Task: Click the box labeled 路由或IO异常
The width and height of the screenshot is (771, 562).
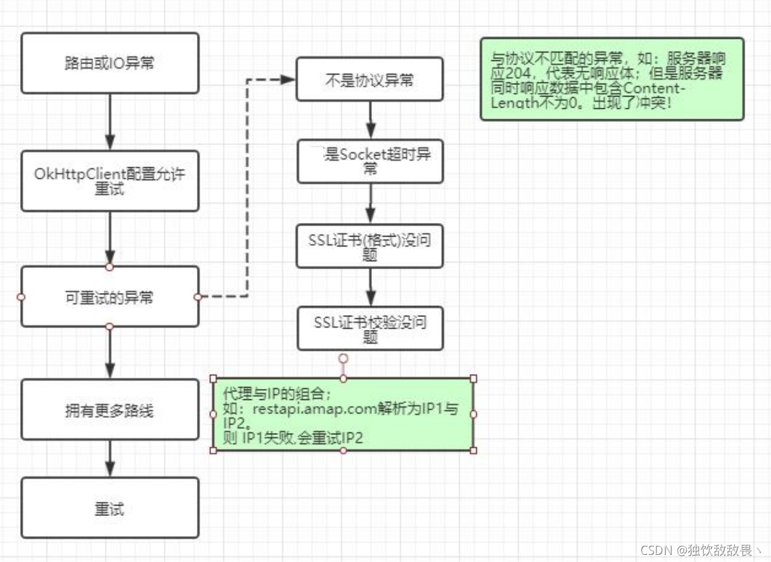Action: click(109, 63)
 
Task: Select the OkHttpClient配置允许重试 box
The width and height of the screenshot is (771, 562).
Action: click(109, 181)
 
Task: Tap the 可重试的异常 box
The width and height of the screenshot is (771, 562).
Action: click(109, 297)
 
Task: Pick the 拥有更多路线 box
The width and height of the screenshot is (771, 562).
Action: click(109, 410)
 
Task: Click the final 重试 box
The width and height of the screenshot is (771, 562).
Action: click(109, 508)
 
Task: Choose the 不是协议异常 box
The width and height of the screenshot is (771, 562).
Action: click(369, 79)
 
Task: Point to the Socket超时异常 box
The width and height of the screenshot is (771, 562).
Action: click(370, 161)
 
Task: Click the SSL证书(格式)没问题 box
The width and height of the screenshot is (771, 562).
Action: click(369, 246)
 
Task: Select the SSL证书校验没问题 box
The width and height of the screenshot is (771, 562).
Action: click(370, 328)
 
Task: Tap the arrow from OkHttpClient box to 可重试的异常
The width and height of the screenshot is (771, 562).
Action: click(109, 237)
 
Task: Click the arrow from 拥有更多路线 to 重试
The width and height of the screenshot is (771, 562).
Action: click(109, 458)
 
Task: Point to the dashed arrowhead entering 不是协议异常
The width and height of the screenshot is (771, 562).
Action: click(288, 79)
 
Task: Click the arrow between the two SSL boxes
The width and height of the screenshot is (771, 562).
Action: click(370, 287)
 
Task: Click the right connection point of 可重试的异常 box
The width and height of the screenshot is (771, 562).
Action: click(198, 297)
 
